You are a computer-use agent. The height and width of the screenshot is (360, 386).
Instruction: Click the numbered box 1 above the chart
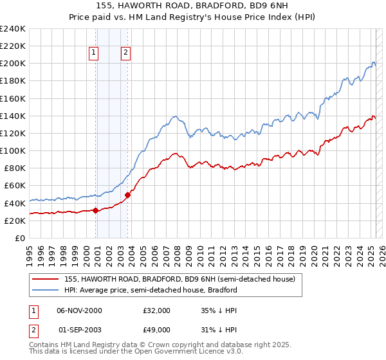point(94,53)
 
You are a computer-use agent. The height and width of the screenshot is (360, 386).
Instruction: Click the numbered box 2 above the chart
point(125,53)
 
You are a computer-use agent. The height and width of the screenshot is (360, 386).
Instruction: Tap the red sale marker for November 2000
point(96,210)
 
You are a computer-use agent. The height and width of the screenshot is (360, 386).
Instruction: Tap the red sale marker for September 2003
point(128,195)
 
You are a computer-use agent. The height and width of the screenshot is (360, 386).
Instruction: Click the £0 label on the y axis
point(20,238)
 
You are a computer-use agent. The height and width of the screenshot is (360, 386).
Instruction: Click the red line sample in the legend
point(45,279)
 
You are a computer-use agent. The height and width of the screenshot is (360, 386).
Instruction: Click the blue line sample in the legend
point(45,290)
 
